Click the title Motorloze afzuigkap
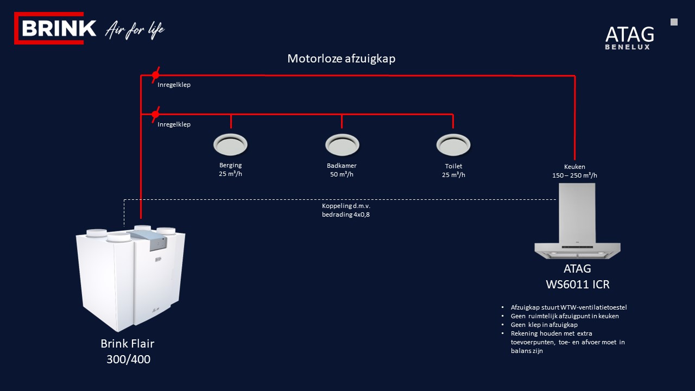(x=341, y=59)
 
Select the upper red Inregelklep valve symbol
(x=155, y=74)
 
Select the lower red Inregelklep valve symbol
(x=155, y=114)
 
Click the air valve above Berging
(x=230, y=144)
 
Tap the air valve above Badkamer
(x=342, y=144)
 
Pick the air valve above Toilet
(x=453, y=144)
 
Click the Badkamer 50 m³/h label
(x=342, y=170)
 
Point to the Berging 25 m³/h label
(x=230, y=169)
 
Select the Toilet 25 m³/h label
(x=453, y=170)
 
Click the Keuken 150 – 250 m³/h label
(x=574, y=171)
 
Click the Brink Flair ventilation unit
(x=130, y=277)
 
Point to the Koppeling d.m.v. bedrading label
(x=346, y=210)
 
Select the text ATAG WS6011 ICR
(x=577, y=276)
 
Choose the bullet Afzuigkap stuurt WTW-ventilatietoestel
(x=568, y=307)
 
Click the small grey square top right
(x=674, y=22)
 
